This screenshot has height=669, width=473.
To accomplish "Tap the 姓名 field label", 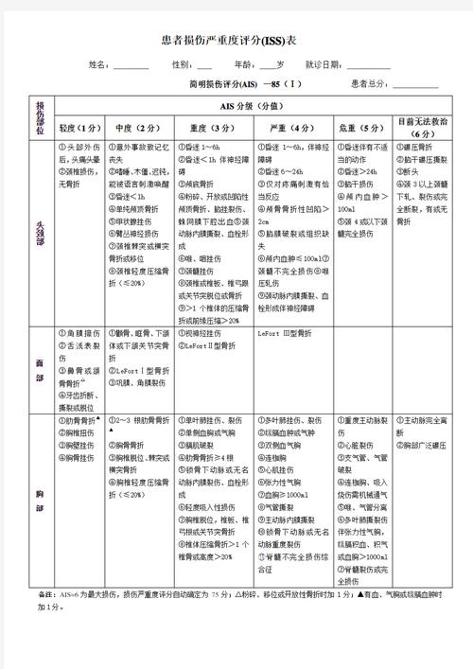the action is point(98,65).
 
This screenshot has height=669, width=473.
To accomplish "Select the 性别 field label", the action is point(181,65).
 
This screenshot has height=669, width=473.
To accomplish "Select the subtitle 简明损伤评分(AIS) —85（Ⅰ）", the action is point(245,84).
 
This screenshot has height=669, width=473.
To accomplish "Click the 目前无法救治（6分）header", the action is point(423,127).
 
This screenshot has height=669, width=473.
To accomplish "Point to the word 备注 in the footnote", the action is point(44,594).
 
